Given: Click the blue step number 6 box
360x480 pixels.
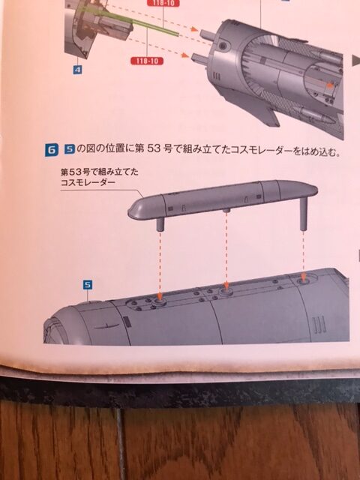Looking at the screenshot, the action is tap(51, 150).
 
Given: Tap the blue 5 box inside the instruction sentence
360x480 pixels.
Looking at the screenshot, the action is tap(69, 149).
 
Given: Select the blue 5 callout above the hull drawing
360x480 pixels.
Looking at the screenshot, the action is tap(88, 285).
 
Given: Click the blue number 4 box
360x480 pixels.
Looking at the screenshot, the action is tap(78, 70).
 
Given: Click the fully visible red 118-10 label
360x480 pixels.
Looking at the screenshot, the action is tap(147, 61).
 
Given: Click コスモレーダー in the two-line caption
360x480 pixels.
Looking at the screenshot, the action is tap(88, 183).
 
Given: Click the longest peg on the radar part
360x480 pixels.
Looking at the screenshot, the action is tap(303, 213).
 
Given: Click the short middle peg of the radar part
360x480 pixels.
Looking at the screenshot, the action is tap(226, 211).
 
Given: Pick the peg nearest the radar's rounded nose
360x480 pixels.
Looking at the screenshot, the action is tap(160, 224).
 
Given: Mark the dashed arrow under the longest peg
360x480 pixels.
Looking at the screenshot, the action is tap(303, 256).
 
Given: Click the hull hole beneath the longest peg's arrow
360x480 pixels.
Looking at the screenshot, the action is tap(303, 280).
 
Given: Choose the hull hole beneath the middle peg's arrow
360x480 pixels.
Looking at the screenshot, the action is tap(226, 291).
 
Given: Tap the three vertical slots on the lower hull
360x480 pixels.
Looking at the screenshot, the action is tap(318, 325).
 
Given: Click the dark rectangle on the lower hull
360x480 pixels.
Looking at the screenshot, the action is tap(127, 322).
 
